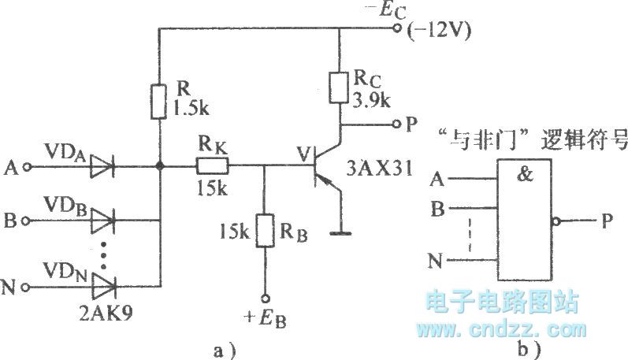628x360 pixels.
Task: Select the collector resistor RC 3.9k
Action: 339,87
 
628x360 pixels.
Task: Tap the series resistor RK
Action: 212,166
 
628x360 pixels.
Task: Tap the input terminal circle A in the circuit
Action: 28,167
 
